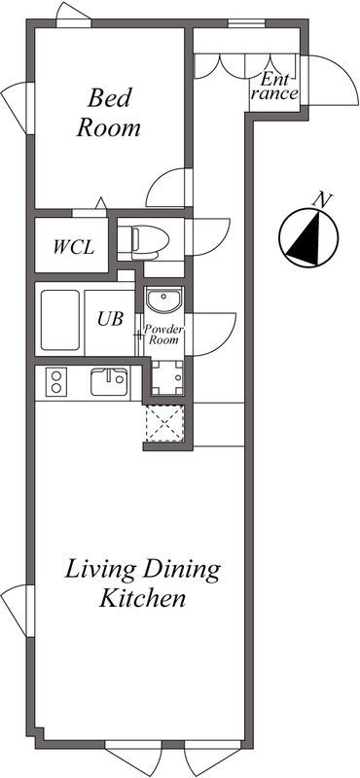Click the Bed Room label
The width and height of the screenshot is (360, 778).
108,113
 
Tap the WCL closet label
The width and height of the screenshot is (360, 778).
74,247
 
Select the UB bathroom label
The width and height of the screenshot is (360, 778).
110,319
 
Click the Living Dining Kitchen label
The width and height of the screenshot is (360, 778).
142,583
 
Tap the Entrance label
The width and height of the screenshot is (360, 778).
274,86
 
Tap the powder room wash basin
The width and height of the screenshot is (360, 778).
164,300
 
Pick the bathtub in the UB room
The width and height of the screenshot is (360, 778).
60,321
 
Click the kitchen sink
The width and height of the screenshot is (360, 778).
109,381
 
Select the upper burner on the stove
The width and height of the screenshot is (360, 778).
56,375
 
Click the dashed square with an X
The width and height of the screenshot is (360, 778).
164,424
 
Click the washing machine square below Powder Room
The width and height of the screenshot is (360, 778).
166,377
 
